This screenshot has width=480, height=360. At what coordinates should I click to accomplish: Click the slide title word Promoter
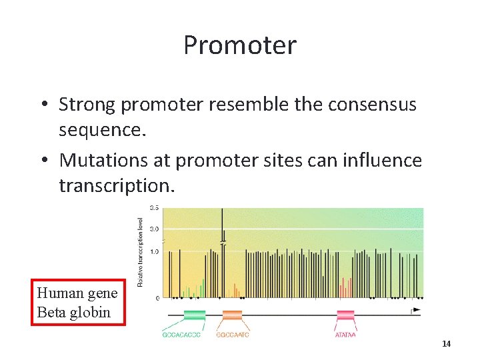[x=239, y=45]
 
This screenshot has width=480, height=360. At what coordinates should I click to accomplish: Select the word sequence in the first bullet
[x=100, y=129]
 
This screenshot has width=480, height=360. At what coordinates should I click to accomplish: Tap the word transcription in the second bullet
[x=116, y=185]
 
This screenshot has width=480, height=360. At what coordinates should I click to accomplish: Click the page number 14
[x=446, y=343]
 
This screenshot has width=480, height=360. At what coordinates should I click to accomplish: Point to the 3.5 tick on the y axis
[x=153, y=208]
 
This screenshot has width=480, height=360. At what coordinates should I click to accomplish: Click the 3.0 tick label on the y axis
[x=153, y=229]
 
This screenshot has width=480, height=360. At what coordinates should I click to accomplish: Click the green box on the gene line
[x=194, y=314]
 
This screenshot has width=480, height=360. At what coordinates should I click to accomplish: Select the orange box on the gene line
[x=232, y=314]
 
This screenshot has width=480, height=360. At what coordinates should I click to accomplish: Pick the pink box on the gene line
[x=345, y=314]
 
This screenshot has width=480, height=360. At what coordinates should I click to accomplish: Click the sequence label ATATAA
[x=345, y=335]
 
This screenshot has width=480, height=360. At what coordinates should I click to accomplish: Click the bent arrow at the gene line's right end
[x=416, y=310]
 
